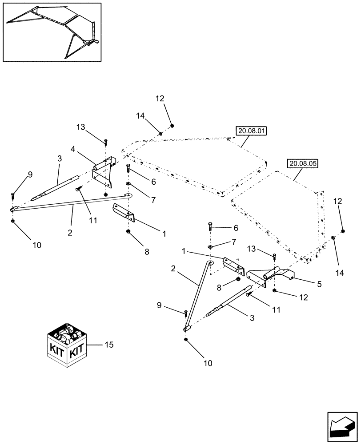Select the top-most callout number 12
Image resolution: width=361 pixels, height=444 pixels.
[160, 99]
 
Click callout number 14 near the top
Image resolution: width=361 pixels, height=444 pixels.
[140, 116]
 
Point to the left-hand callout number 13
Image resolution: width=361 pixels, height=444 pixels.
[80, 127]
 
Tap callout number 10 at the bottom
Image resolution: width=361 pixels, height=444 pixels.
[208, 363]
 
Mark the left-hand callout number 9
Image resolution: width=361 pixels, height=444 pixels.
[30, 175]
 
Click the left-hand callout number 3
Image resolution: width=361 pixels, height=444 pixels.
[59, 159]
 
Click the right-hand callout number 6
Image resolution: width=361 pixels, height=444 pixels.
[236, 228]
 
